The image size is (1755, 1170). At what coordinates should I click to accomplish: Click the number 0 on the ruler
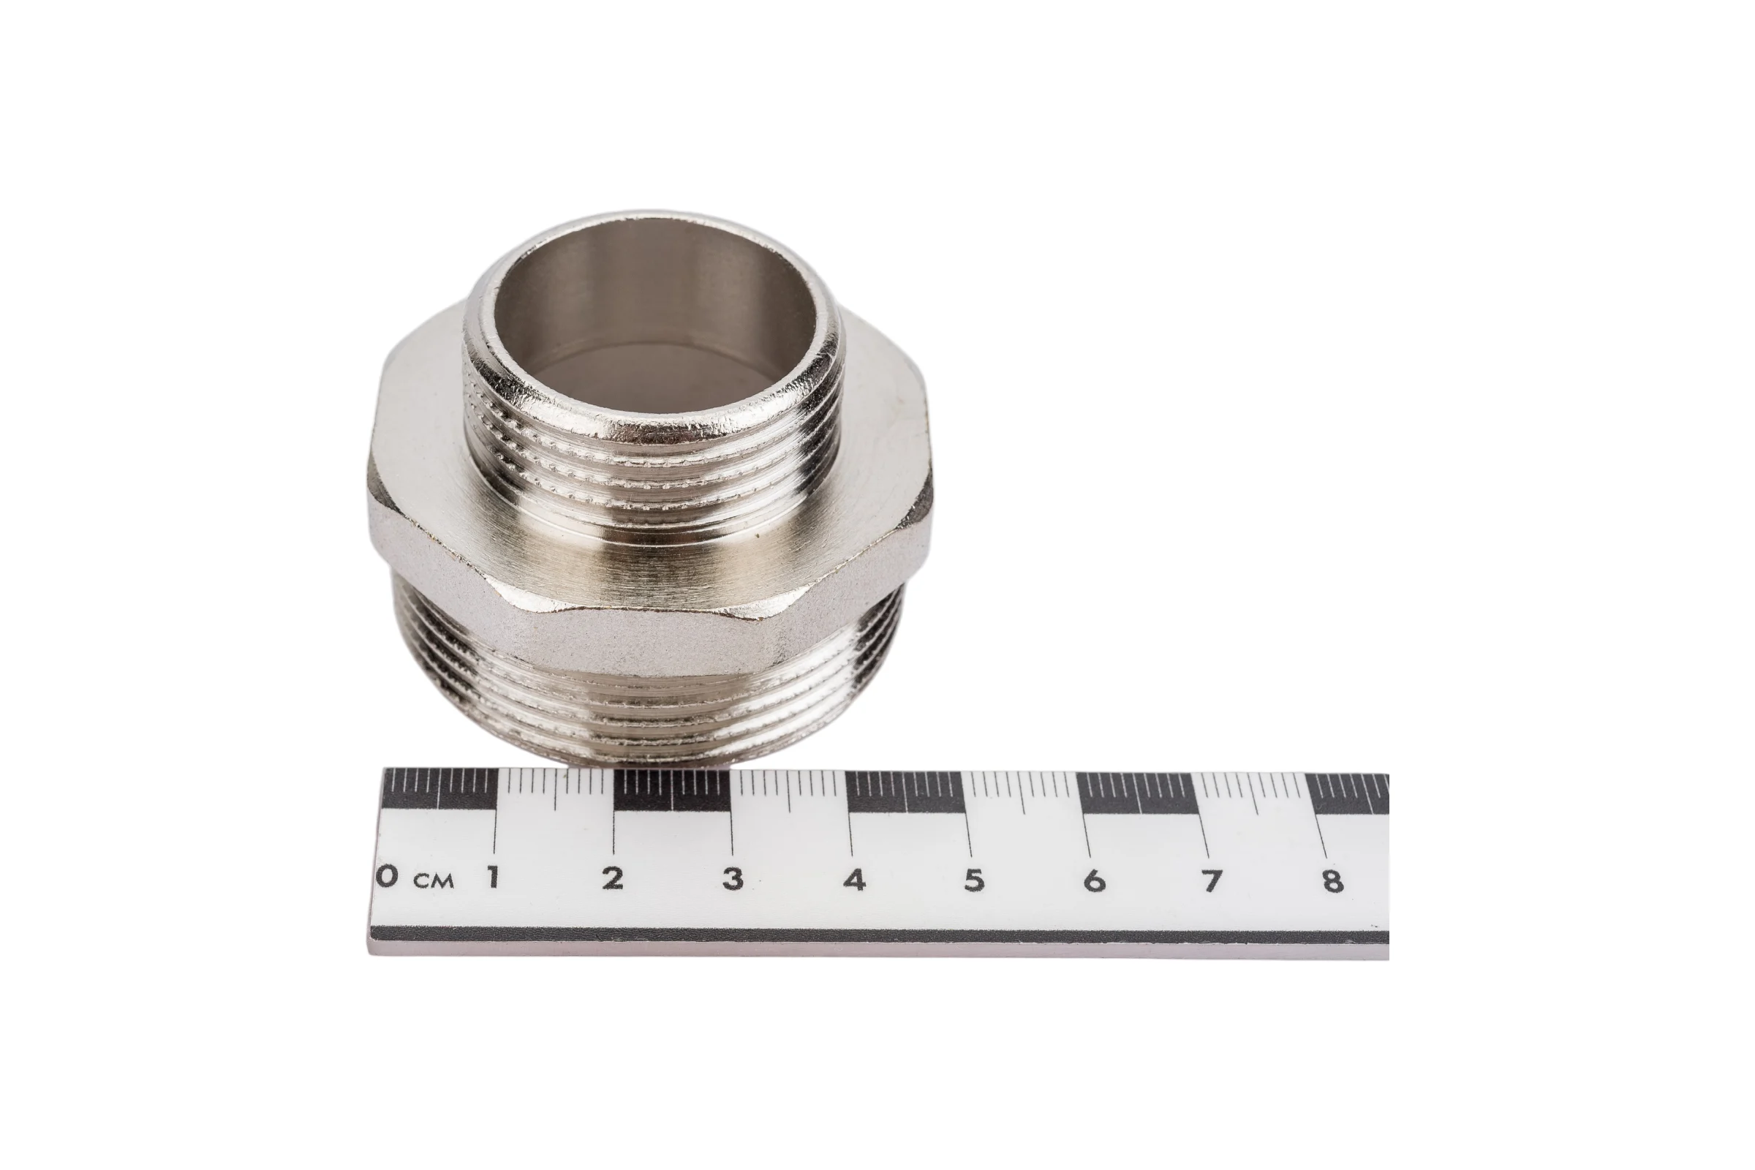tap(388, 876)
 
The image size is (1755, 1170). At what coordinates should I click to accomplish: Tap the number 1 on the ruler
tap(493, 877)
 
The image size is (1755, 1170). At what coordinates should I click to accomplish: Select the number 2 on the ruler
tap(613, 878)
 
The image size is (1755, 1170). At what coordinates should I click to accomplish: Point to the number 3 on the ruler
tap(733, 879)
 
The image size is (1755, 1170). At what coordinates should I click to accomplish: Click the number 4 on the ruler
tap(855, 880)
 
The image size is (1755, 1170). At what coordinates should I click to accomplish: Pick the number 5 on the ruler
tap(974, 881)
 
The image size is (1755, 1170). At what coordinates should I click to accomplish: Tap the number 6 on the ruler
tap(1093, 881)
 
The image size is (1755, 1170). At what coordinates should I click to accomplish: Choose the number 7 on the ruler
tap(1212, 882)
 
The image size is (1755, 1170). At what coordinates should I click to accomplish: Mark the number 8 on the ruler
tap(1332, 882)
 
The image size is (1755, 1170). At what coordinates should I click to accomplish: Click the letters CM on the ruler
tap(434, 881)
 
